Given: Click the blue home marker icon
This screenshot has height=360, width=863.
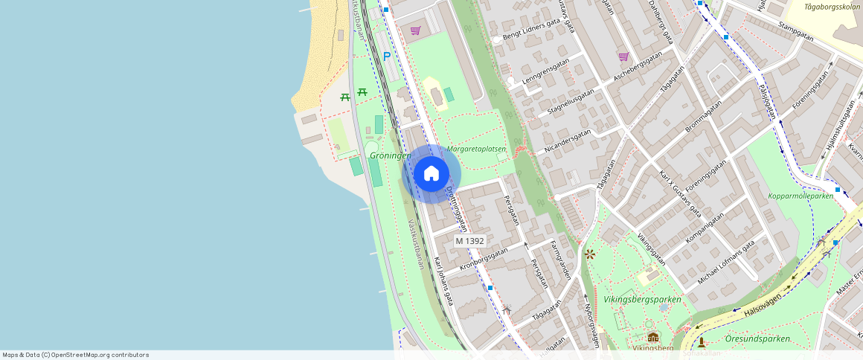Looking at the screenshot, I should [431, 174].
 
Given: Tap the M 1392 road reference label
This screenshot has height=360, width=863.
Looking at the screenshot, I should [470, 241].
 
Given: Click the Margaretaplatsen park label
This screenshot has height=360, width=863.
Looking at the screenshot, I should [477, 149].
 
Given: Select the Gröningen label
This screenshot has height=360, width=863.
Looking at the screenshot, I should [390, 155].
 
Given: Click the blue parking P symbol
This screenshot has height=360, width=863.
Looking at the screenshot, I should [386, 56].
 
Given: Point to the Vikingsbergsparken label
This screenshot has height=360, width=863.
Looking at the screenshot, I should [642, 299].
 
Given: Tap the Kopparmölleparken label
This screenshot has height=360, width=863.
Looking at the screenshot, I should [801, 196].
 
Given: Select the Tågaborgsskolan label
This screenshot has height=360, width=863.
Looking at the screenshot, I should [832, 7].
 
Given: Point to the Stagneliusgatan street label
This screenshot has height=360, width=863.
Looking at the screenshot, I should [571, 100].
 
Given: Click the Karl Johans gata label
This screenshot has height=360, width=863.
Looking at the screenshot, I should [444, 281].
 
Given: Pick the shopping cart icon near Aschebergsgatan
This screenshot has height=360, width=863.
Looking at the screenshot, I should [623, 57].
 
